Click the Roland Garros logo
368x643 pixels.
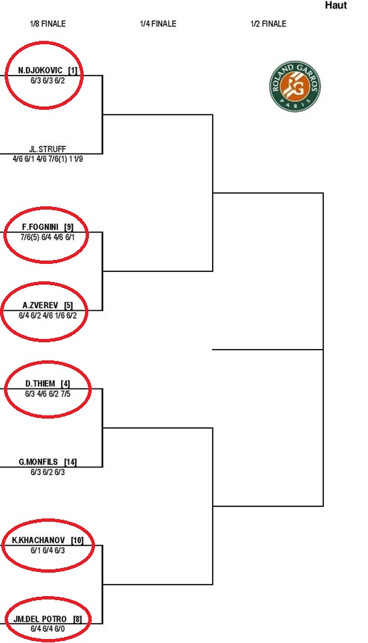coord(295,86)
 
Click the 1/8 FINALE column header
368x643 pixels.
coord(48,24)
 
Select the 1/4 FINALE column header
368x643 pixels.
coord(158,24)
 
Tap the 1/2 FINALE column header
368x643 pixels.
coord(268,24)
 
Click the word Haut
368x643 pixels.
coord(336,5)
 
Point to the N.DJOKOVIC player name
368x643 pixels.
coord(40,70)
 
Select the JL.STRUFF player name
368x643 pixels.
coord(48,149)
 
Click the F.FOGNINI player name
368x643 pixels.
coord(40,227)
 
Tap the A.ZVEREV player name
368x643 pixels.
coord(40,305)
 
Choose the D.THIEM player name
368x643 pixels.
coord(40,384)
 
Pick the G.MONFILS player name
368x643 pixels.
coord(39,462)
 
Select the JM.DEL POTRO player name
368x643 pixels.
coord(40,619)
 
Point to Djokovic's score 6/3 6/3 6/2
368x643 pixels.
coord(48,81)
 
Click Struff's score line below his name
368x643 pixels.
coord(48,159)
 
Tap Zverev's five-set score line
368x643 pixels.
coord(48,315)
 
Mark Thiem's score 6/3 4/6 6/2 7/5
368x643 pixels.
coord(48,394)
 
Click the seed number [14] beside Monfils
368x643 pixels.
coord(70,462)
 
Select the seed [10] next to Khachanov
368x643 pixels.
coord(77,541)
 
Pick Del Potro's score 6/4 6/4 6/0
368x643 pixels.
coord(48,629)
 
